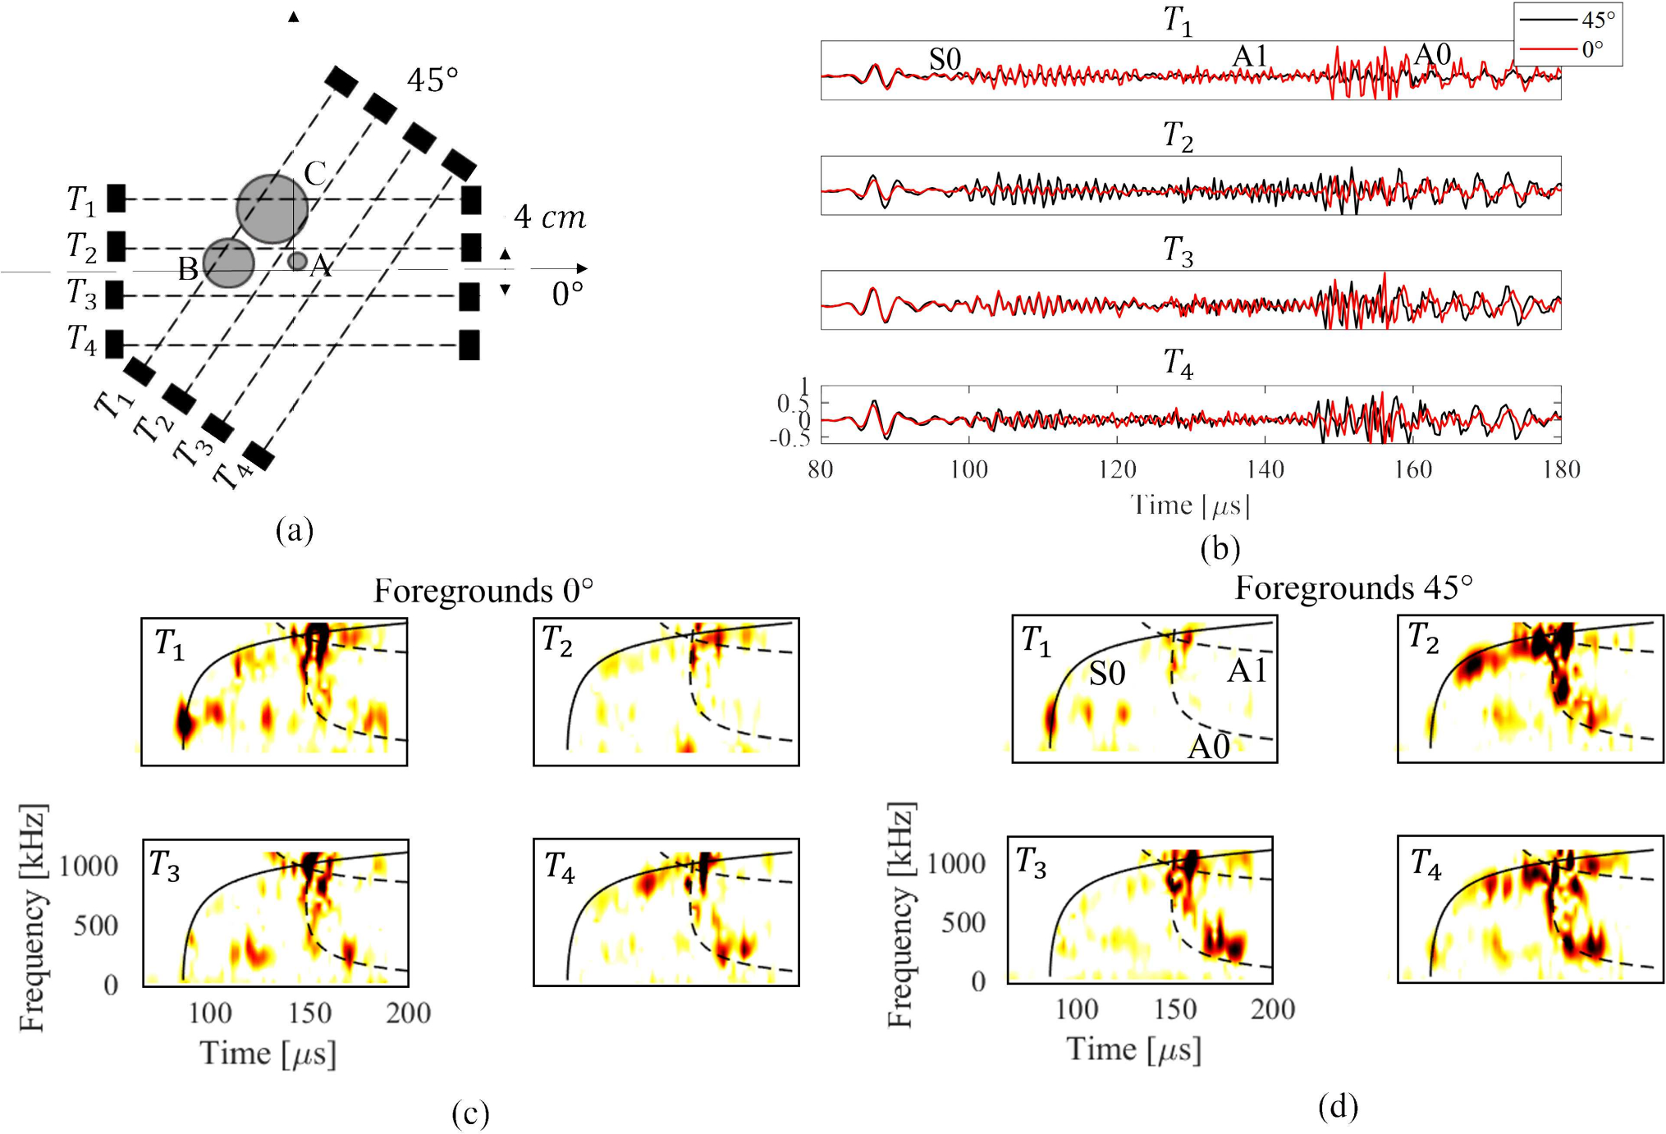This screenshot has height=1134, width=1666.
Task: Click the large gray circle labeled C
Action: click(272, 208)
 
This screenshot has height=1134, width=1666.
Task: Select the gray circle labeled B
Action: click(228, 263)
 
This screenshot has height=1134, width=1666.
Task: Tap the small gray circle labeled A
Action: click(297, 261)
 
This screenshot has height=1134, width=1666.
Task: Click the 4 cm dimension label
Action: click(550, 217)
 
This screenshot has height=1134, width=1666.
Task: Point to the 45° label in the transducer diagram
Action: click(433, 80)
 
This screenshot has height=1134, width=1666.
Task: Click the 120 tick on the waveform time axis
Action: click(1117, 469)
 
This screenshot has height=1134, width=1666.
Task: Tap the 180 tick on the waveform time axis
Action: click(1561, 469)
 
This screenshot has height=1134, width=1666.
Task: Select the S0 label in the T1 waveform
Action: click(945, 59)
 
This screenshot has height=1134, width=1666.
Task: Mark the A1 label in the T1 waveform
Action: click(1250, 56)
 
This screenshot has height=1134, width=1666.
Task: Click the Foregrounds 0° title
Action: click(483, 591)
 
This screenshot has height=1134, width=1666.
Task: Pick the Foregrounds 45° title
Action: click(1354, 588)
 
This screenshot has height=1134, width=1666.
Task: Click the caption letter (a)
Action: click(295, 530)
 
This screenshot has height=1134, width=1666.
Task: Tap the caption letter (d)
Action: click(1338, 1106)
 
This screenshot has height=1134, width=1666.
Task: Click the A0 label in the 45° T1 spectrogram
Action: click(1209, 747)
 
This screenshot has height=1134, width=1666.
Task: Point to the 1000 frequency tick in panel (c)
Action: click(89, 866)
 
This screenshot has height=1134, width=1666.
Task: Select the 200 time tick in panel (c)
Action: click(409, 1013)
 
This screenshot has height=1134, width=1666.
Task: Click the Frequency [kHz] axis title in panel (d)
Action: click(900, 915)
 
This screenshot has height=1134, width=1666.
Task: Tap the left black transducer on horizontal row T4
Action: click(115, 344)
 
